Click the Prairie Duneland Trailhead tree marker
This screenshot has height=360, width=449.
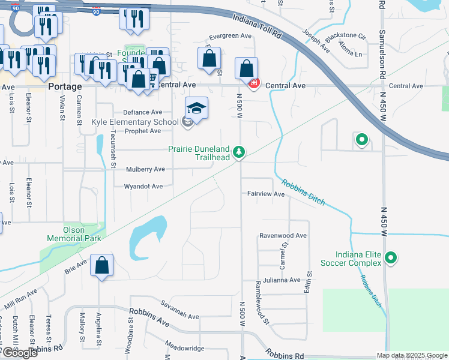240,152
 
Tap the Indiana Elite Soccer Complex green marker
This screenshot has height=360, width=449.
391,259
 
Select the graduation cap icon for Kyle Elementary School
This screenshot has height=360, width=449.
196,108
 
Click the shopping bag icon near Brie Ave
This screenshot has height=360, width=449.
102,266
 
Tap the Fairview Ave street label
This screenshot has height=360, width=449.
266,194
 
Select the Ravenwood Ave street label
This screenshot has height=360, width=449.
283,236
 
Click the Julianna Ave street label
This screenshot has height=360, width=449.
277,280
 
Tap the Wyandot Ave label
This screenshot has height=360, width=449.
143,187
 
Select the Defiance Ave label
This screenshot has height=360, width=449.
142,112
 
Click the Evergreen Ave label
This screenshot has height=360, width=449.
231,36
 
